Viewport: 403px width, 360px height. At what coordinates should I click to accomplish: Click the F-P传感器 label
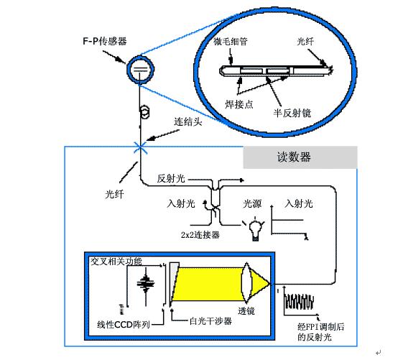[x=105, y=41]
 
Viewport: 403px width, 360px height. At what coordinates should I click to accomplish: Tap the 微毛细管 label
[x=231, y=41]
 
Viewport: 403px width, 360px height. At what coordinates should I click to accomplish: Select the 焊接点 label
[x=239, y=104]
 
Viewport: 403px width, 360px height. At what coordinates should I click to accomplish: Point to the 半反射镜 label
[x=292, y=113]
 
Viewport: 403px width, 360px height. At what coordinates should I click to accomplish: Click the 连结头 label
[x=188, y=121]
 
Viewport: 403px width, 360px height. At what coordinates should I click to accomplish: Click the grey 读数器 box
[x=300, y=157]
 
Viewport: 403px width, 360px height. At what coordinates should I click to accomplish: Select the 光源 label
[x=252, y=203]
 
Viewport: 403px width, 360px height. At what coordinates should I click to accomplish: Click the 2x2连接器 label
[x=200, y=235]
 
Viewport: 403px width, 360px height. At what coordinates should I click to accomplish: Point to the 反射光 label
[x=171, y=178]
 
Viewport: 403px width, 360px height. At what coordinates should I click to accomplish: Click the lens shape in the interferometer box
[x=246, y=282]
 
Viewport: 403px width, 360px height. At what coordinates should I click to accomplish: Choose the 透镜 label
[x=246, y=311]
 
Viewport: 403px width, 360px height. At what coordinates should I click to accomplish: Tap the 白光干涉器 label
[x=210, y=321]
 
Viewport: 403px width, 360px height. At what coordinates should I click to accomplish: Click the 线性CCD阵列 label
[x=124, y=325]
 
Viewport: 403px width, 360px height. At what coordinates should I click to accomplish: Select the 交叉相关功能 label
[x=116, y=262]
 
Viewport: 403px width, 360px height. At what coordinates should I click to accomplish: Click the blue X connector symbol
[x=140, y=148]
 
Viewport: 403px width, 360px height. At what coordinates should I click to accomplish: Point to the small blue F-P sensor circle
[x=140, y=70]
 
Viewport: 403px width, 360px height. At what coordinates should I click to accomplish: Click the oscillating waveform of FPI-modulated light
[x=299, y=302]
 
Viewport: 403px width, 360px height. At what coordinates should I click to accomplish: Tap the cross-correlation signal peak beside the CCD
[x=146, y=283]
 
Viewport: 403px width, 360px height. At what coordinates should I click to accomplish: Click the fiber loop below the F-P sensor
[x=145, y=112]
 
